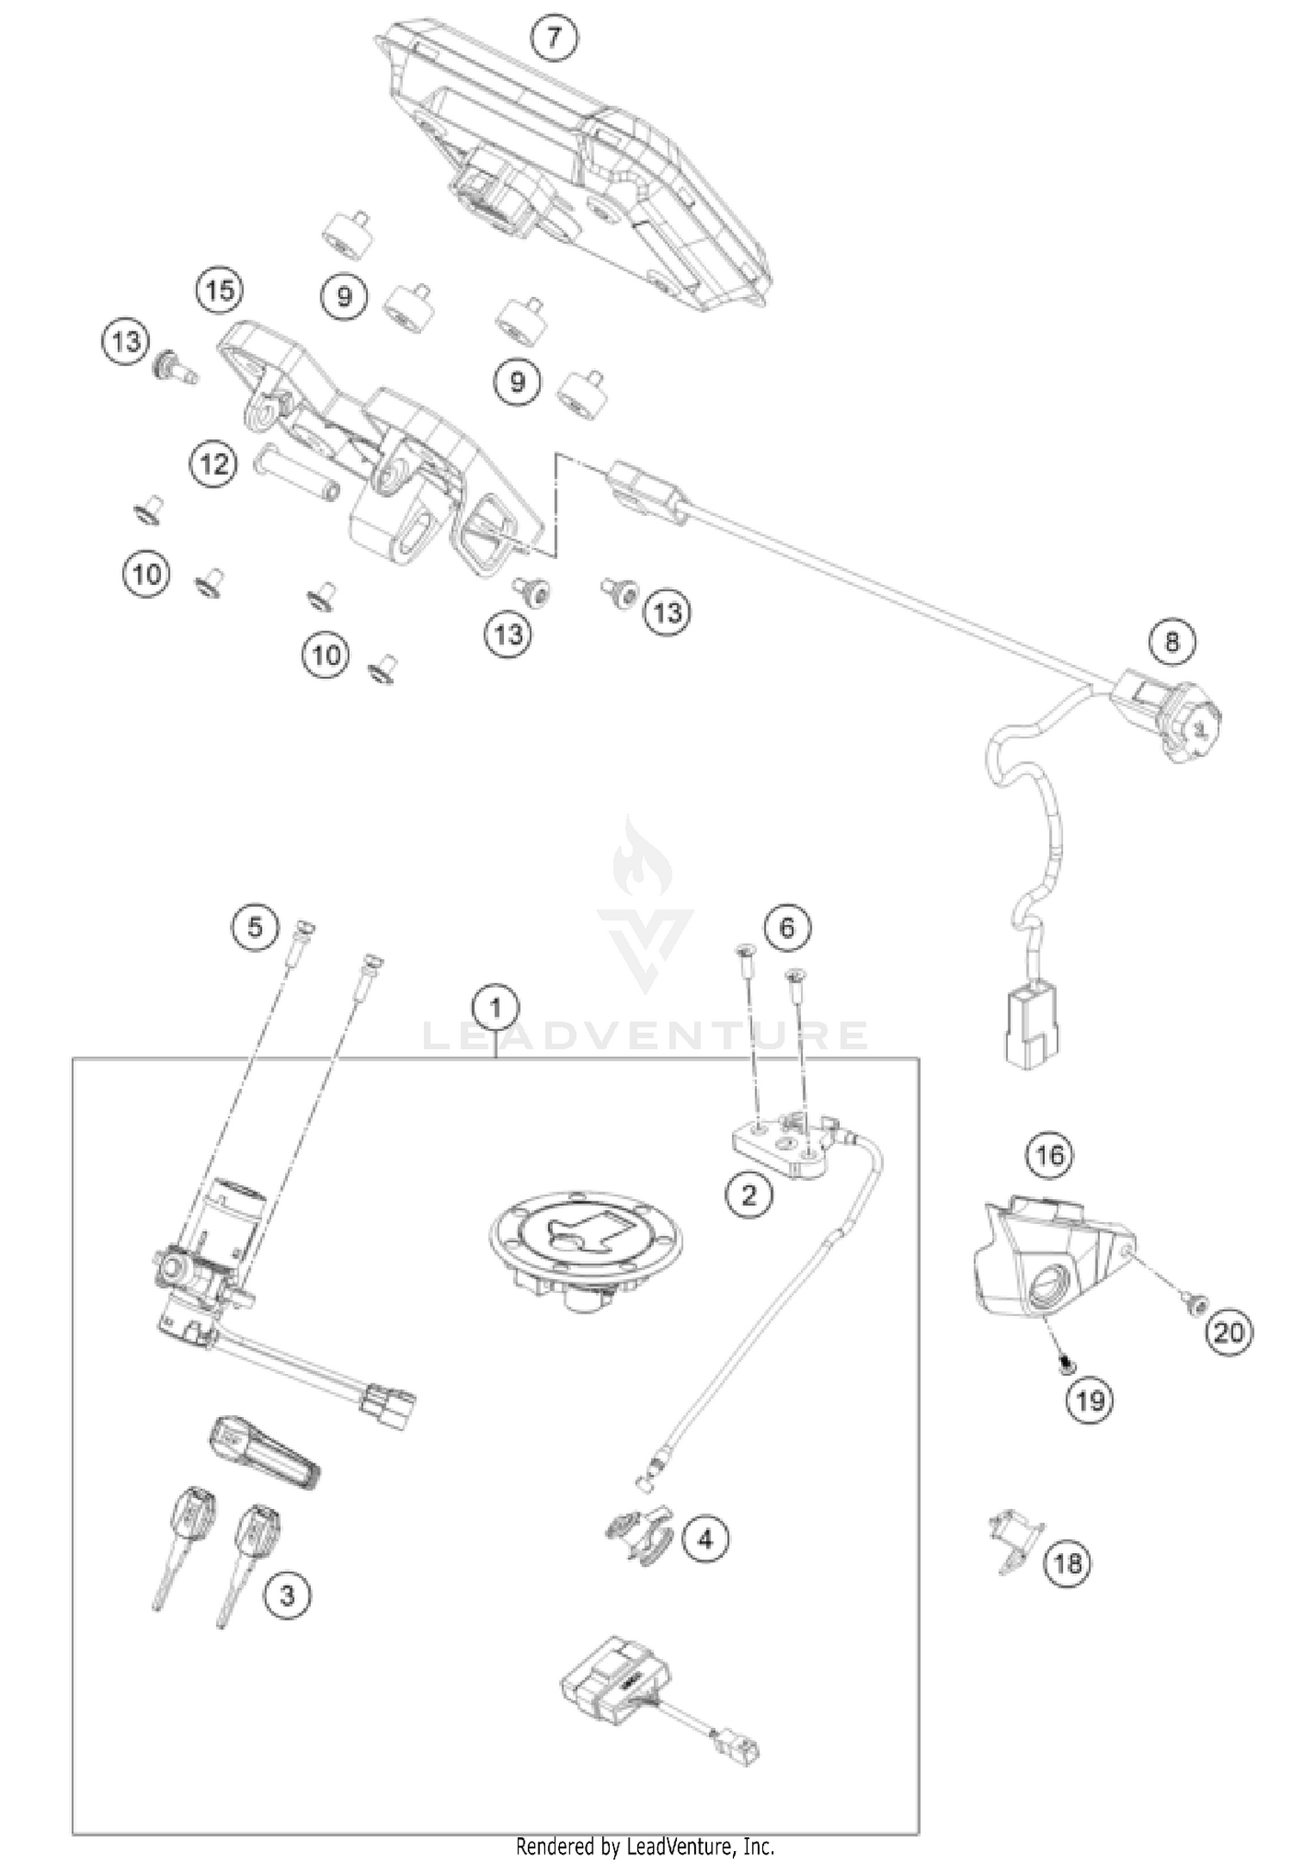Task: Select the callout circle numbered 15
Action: pyautogui.click(x=220, y=291)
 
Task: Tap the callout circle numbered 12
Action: pyautogui.click(x=213, y=465)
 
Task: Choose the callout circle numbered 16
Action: pyautogui.click(x=1050, y=1154)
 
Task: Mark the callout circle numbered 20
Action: pyautogui.click(x=1229, y=1333)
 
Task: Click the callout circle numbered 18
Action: pyautogui.click(x=1067, y=1563)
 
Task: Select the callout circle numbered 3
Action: pyautogui.click(x=287, y=1596)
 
